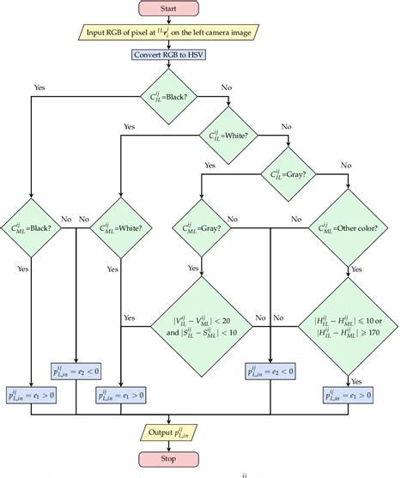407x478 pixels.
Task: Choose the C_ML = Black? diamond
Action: (x=31, y=228)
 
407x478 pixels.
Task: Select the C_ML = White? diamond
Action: (x=118, y=228)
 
